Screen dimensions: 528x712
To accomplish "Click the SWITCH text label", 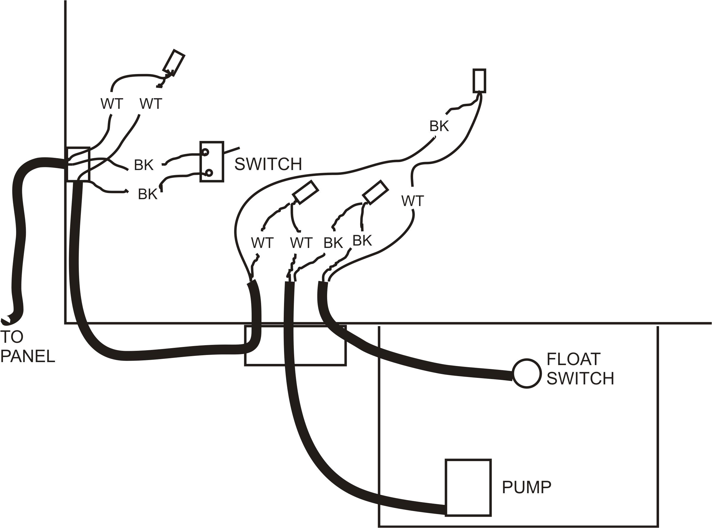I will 268,164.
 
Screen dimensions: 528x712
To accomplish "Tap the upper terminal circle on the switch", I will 205,152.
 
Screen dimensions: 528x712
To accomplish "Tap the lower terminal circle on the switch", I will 209,173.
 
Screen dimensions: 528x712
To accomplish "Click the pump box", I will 468,488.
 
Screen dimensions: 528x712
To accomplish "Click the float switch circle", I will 527,374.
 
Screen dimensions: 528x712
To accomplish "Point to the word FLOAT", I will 573,359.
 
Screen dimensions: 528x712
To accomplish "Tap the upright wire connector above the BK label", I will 479,81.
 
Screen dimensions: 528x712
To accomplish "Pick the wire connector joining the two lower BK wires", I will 375,192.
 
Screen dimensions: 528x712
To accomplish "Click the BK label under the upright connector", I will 439,126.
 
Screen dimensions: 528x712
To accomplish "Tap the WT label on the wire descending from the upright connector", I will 413,201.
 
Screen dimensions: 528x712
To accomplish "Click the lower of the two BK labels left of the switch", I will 148,194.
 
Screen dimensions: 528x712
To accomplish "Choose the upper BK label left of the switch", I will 144,165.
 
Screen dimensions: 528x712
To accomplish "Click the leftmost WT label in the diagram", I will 112,104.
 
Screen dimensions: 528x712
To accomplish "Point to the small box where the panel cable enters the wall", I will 78,164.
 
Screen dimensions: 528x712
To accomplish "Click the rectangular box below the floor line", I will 295,345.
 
